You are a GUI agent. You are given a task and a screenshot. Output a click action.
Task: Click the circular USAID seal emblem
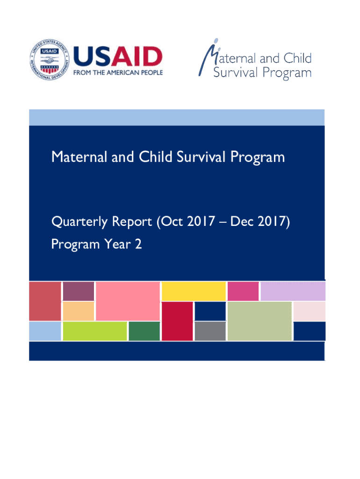50,59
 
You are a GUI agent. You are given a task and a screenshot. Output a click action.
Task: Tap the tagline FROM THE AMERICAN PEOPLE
118,73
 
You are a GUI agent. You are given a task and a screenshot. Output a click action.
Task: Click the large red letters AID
137,57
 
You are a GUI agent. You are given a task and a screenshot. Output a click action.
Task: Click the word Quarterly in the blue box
79,222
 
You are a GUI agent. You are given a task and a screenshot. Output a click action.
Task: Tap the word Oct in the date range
170,221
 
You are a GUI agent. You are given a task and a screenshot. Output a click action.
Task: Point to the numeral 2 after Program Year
138,244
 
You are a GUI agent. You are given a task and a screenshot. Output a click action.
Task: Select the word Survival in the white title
201,157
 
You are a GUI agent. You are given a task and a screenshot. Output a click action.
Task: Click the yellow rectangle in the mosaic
194,291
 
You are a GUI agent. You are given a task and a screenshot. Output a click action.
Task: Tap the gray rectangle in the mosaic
210,331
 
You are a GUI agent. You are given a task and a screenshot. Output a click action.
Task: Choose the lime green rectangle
95,331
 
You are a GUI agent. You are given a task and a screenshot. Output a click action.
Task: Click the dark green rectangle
144,331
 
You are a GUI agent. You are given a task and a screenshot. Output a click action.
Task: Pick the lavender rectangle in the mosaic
293,291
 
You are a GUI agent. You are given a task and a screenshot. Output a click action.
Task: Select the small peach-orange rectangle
79,311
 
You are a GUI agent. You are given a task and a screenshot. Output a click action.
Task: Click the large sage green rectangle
259,321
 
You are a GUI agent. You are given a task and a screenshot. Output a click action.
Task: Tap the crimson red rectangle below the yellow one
177,321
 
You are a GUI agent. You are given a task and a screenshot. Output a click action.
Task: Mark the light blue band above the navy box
177,117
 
